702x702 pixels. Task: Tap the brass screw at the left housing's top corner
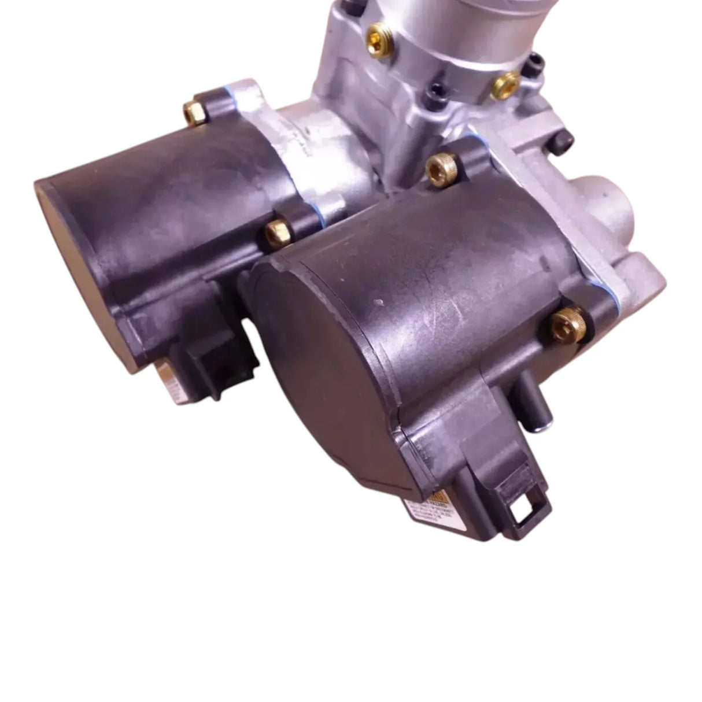click(192, 110)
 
